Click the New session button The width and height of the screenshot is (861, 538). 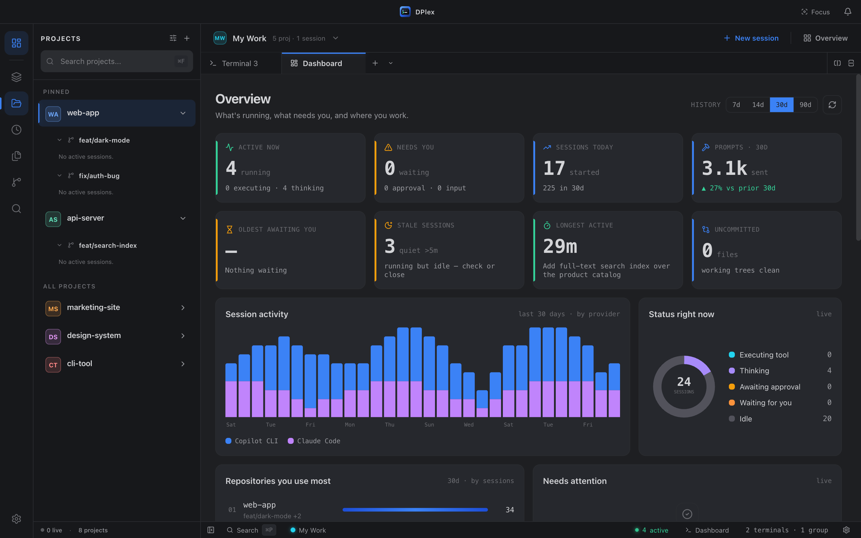pos(751,38)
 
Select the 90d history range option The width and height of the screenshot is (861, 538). pos(805,105)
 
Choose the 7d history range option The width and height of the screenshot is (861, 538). pos(736,105)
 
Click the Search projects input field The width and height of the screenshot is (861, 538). pos(117,61)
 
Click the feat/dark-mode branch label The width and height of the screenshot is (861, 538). pos(104,140)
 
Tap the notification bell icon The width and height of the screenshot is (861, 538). pos(848,12)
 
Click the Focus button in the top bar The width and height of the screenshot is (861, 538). pos(816,12)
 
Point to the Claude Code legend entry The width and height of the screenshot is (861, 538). pos(314,441)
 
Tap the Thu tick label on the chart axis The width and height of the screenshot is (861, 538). pos(390,424)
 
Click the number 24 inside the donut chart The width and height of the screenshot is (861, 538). pos(684,382)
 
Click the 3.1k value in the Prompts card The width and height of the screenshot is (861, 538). pos(724,168)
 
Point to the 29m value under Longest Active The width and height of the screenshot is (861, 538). pos(560,246)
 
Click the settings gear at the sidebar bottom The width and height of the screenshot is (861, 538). pos(16,519)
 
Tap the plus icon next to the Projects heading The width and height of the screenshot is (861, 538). pos(187,38)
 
